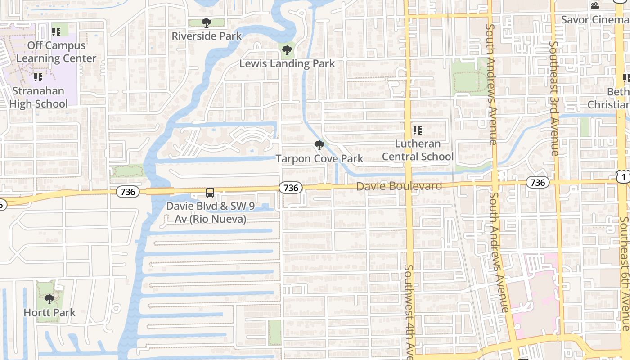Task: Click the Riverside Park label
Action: pos(207,36)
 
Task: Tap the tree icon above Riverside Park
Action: pos(207,22)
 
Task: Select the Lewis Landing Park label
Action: pos(287,63)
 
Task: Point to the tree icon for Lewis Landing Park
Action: pos(286,49)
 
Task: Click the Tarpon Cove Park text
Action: pos(319,158)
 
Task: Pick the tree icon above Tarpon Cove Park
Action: pos(319,145)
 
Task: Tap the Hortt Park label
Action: pos(49,312)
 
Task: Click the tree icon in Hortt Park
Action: pos(49,299)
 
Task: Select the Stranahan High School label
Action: pos(39,97)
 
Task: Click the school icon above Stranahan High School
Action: pos(38,77)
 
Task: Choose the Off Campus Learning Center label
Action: pos(56,52)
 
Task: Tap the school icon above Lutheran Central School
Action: pos(418,130)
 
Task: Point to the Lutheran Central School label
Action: pos(418,150)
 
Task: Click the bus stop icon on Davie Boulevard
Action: pos(210,193)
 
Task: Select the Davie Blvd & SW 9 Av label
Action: pos(207,212)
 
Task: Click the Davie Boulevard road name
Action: pos(399,186)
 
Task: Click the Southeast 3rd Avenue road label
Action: pos(554,99)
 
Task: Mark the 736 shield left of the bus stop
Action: pos(128,192)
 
